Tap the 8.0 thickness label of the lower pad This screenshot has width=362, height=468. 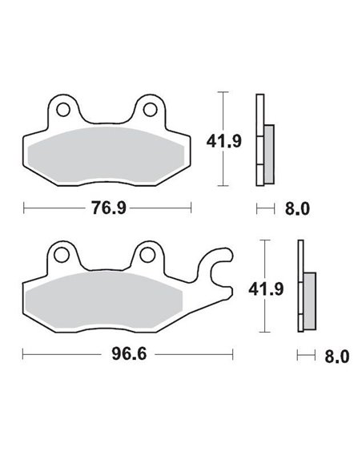[x=337, y=354]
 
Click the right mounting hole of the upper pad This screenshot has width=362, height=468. [x=149, y=107]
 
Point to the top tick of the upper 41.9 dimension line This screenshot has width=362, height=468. [x=223, y=94]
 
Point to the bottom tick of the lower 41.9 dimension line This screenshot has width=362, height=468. [x=264, y=333]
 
